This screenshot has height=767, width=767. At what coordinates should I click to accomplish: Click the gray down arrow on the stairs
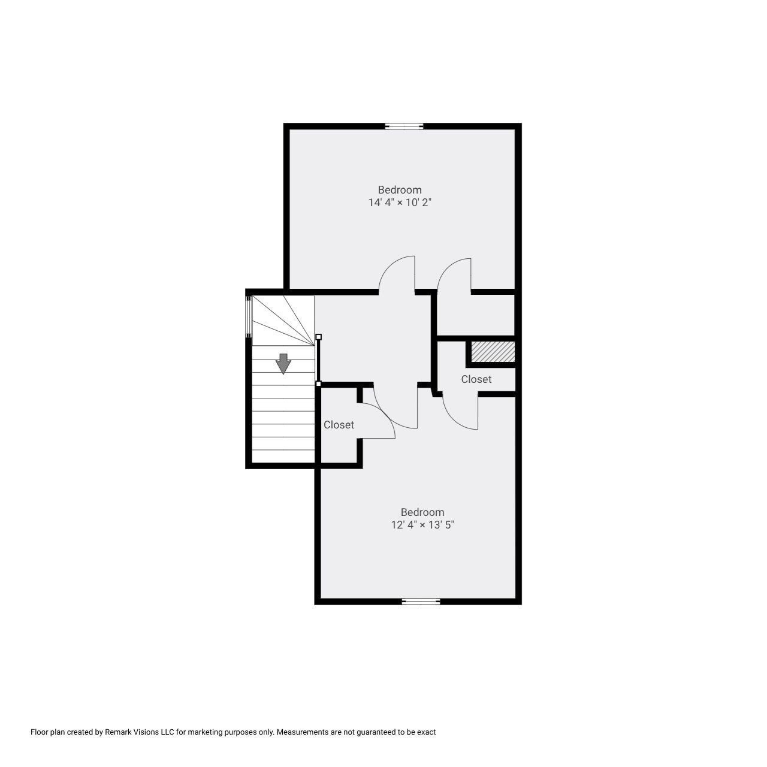[283, 363]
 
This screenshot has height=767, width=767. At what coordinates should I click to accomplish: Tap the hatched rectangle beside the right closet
[493, 352]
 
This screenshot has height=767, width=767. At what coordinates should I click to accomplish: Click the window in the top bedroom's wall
[404, 126]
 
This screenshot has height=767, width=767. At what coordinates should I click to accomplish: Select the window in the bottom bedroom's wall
[421, 602]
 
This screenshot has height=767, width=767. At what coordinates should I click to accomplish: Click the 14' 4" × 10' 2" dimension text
[400, 203]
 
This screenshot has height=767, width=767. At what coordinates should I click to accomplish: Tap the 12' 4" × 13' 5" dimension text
[422, 525]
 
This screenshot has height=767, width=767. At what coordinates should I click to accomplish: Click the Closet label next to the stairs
[339, 425]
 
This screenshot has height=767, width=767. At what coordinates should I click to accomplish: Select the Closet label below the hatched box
[476, 379]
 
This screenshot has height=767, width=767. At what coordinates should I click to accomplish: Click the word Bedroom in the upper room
[400, 190]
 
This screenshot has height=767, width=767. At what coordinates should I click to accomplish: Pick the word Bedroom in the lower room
[422, 512]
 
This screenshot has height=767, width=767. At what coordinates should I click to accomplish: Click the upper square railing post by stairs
[318, 337]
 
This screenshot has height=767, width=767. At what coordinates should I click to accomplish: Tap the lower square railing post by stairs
[318, 383]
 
